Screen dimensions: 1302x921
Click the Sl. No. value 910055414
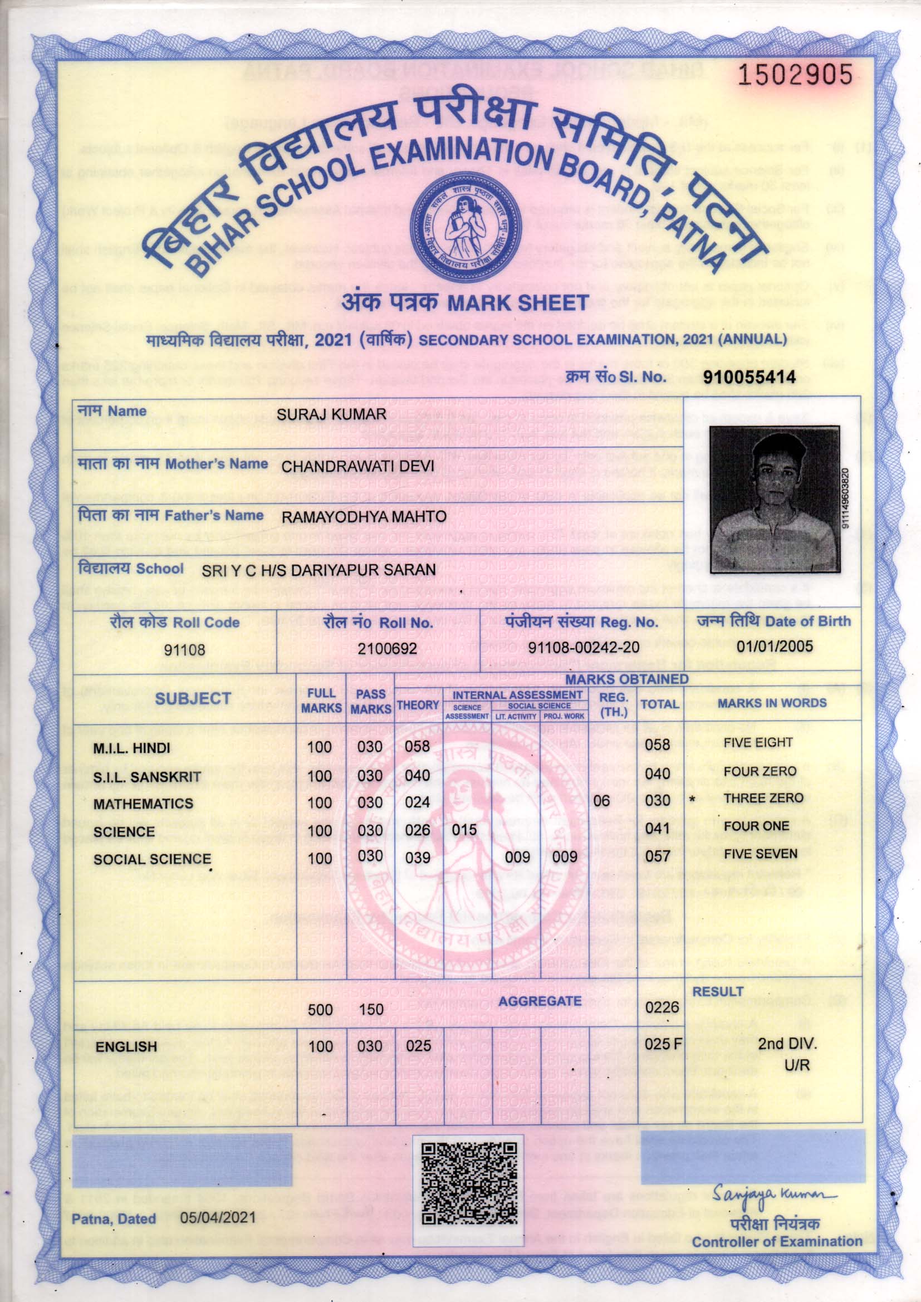(749, 376)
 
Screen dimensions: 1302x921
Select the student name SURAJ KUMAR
(331, 414)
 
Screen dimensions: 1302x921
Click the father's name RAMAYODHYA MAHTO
(364, 517)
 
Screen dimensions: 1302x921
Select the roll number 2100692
(387, 648)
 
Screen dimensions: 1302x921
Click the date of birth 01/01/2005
(775, 646)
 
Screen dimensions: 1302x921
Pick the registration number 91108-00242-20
(584, 648)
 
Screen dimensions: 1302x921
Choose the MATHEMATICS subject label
(143, 804)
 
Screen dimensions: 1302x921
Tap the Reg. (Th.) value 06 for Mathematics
(602, 801)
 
